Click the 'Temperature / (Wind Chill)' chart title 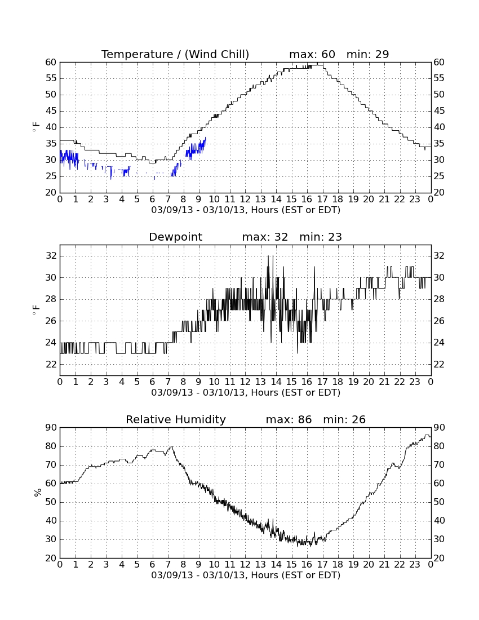tap(175, 54)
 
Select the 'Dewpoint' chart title tap(175, 237)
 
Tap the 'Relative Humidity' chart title tap(175, 419)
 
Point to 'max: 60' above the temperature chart tap(312, 54)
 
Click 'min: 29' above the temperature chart tap(367, 54)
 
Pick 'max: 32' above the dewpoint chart tap(265, 237)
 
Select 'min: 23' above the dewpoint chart tap(321, 237)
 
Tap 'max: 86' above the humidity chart tap(289, 419)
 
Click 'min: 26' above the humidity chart tap(344, 419)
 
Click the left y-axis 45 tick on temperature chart tap(51, 111)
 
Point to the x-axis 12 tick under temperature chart tap(245, 199)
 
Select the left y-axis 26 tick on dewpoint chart tap(51, 321)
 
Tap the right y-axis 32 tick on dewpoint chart tap(439, 256)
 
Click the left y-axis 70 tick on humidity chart tap(51, 465)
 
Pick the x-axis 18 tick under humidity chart tap(338, 564)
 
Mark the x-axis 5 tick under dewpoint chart tap(137, 382)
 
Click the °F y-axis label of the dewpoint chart tap(37, 310)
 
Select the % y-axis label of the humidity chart tap(38, 493)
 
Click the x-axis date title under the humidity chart tap(246, 575)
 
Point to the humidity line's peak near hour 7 tap(171, 446)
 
